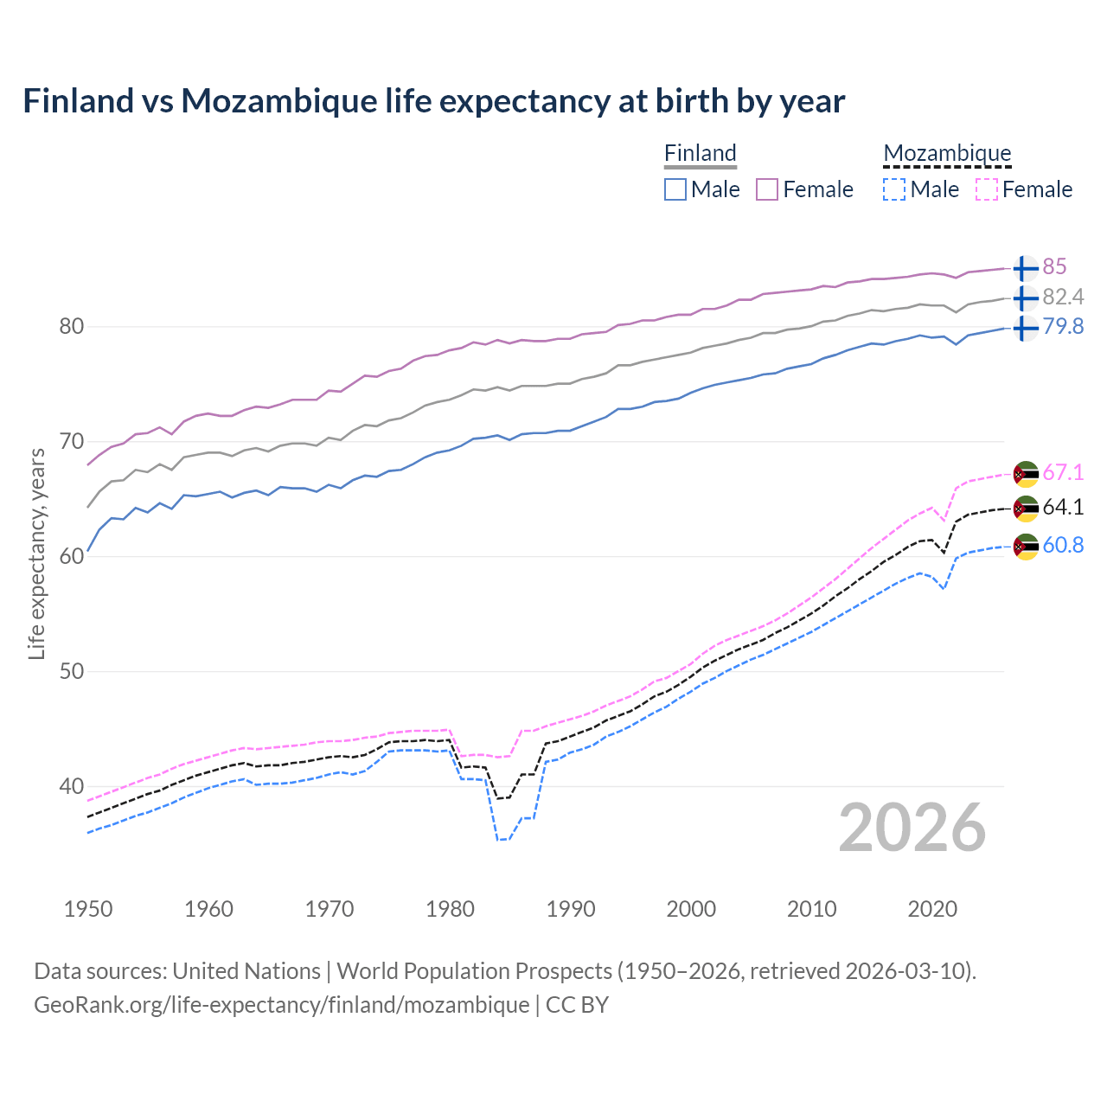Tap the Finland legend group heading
700,154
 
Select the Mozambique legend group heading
947,154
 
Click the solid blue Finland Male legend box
675,189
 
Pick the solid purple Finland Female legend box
767,189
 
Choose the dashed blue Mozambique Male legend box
894,189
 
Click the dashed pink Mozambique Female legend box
987,189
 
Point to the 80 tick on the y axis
71,327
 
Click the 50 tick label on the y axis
71,672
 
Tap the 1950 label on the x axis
88,909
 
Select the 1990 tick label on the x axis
571,909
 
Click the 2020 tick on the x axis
932,909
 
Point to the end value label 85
1054,267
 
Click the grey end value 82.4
1063,298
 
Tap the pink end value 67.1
1063,473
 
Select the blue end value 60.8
1063,546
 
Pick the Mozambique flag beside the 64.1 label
1025,509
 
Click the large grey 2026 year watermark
912,829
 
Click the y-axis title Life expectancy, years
37,553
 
